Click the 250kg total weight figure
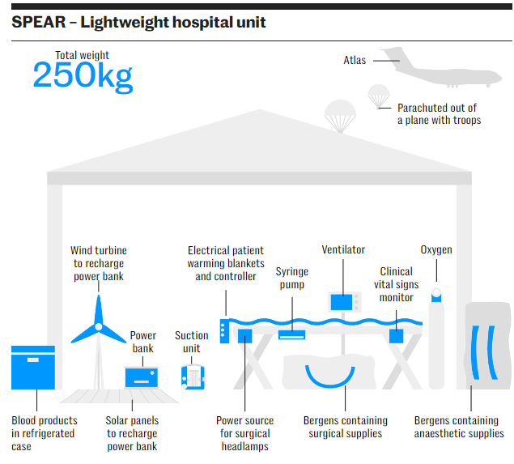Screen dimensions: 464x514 82,75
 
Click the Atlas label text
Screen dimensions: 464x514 355,60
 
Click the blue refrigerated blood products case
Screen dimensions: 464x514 33,368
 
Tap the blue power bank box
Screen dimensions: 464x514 142,376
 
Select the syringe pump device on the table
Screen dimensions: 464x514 291,334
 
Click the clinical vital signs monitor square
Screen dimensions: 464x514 397,335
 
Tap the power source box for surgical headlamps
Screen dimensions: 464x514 244,335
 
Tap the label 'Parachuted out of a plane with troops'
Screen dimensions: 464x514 438,114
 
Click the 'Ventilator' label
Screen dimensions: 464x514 343,250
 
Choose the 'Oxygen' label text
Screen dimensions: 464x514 436,250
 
